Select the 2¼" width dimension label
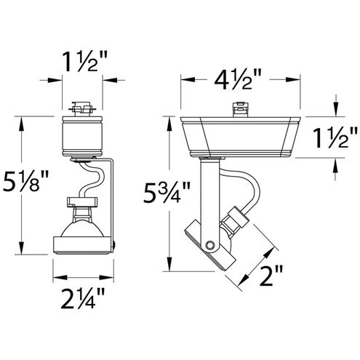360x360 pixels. click(x=83, y=298)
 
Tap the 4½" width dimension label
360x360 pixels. click(x=238, y=79)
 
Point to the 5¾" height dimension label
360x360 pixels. click(x=167, y=192)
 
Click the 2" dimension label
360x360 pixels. click(x=271, y=276)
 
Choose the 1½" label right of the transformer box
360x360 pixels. click(x=335, y=138)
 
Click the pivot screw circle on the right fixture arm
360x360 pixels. click(x=209, y=244)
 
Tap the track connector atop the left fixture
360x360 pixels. click(x=82, y=109)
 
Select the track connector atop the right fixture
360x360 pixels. click(x=240, y=109)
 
